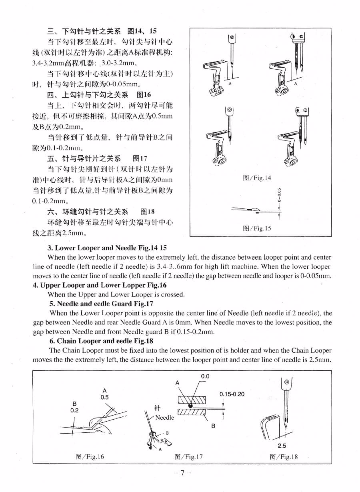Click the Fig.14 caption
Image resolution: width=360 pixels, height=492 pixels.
pos(257,178)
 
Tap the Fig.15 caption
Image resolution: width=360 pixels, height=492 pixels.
pos(257,228)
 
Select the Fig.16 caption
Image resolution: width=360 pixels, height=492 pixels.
pos(90,456)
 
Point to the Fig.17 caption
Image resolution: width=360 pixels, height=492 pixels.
pos(188,456)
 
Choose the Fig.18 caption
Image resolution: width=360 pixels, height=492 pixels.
pos(284,456)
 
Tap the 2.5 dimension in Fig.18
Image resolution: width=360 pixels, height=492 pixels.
pos(282,446)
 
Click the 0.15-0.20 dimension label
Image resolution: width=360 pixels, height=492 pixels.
pos(232,394)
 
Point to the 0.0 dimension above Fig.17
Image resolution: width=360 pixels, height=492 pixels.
pos(205,376)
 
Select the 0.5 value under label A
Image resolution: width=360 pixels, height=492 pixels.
pos(104,397)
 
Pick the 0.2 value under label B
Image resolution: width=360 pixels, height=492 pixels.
pos(74,410)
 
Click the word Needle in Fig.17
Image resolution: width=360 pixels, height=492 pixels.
pos(164,418)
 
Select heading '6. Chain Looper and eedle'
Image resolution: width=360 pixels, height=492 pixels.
pos(101,341)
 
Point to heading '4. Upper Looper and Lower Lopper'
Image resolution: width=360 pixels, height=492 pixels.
pos(100,285)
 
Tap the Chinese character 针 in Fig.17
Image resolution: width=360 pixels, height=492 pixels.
pos(157,408)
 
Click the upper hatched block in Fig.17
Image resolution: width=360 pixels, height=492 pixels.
pos(192,400)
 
